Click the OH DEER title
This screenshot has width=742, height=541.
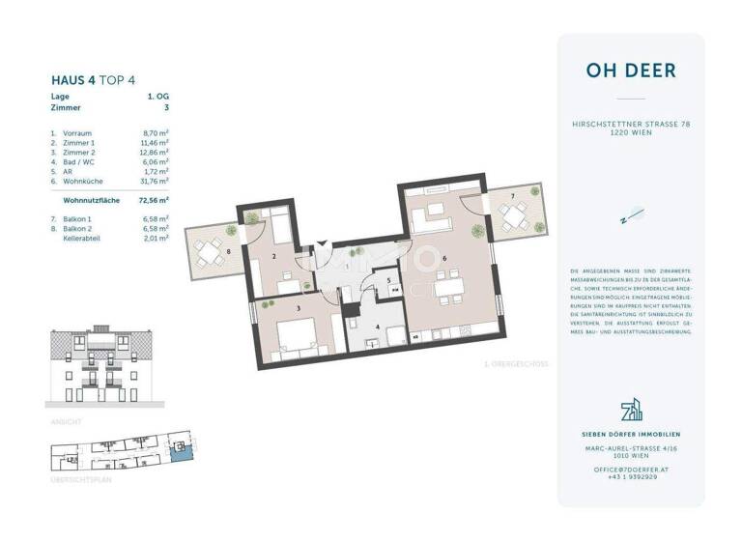[x=630, y=71]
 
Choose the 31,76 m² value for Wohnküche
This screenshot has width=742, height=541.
[x=155, y=180]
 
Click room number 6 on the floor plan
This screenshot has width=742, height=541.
[x=443, y=258]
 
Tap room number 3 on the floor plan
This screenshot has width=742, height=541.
[x=300, y=308]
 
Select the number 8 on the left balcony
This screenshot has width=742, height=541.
[x=228, y=252]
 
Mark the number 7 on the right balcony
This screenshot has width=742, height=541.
[x=513, y=197]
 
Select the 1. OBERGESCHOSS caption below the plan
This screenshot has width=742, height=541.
[x=517, y=364]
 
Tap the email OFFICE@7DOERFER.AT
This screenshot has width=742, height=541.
[x=631, y=468]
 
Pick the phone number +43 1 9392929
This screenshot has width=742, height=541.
[x=631, y=476]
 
